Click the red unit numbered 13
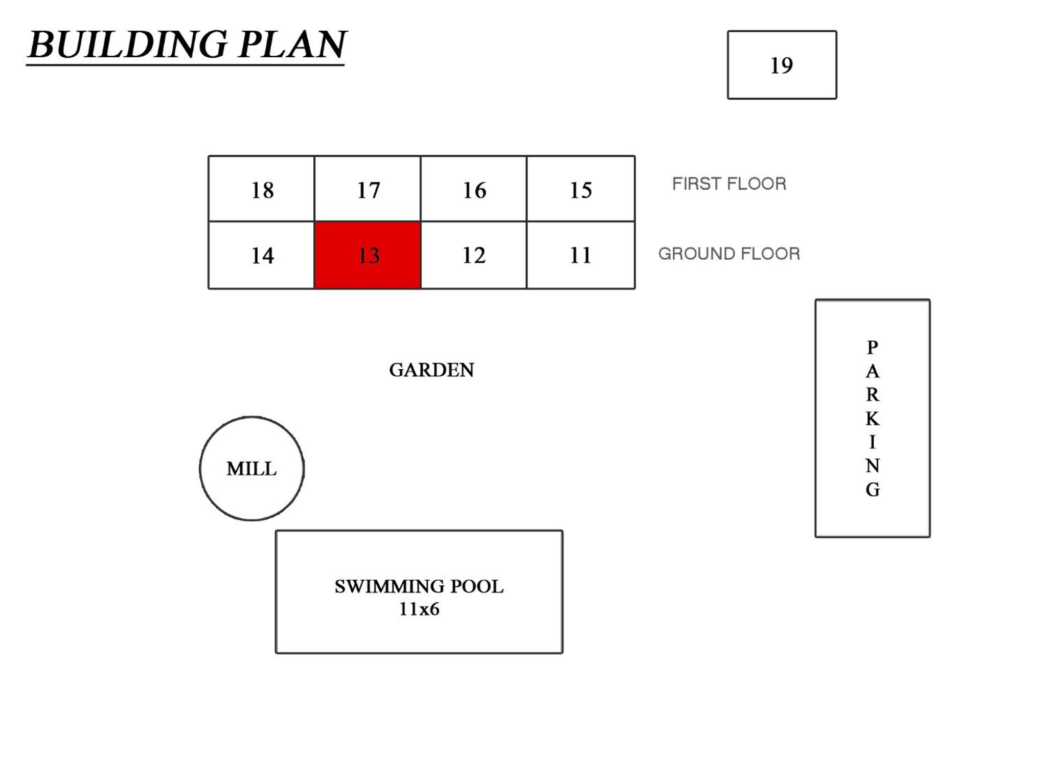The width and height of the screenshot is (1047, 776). click(368, 255)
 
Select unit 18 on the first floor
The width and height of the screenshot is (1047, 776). click(261, 189)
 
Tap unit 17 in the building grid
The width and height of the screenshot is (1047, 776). click(368, 189)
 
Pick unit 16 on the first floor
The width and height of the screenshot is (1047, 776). click(473, 189)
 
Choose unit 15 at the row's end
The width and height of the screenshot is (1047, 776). click(581, 189)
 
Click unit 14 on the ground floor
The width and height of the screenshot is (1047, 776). click(261, 255)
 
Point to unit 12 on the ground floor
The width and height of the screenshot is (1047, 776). click(473, 255)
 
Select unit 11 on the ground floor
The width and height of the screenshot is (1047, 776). click(581, 255)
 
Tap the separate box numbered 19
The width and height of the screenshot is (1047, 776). click(782, 65)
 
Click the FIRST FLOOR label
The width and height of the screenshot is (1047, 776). click(729, 184)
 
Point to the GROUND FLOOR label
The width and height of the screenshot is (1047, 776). click(729, 254)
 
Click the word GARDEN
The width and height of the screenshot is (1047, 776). click(431, 370)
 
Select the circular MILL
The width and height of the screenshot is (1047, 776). click(252, 468)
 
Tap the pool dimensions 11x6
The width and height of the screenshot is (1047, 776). click(419, 609)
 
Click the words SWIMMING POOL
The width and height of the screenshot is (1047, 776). click(419, 586)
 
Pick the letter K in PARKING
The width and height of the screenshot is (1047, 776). click(873, 419)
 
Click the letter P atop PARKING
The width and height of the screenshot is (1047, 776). click(873, 347)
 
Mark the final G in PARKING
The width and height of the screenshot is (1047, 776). click(873, 489)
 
